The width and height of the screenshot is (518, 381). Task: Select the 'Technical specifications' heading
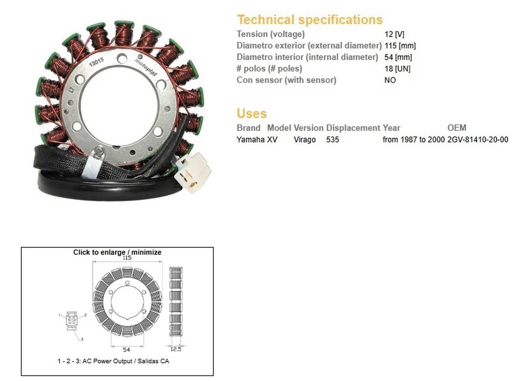coord(310,20)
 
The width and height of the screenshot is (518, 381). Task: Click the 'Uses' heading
coord(252,114)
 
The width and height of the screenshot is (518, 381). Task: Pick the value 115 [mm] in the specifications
coord(400,45)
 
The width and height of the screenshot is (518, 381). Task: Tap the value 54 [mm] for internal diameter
coord(398,57)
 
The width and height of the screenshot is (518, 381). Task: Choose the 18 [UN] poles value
coord(397,69)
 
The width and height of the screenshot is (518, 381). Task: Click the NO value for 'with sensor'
coord(390,80)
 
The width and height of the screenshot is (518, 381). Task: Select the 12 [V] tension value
coord(394,34)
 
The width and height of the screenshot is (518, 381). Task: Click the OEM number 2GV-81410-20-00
coord(478,140)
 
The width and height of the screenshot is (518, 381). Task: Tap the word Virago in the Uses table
coord(305,140)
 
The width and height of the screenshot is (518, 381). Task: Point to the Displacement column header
coord(353,128)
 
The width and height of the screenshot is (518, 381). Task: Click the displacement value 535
coord(333,140)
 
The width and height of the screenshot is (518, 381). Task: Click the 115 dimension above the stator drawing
coord(127,258)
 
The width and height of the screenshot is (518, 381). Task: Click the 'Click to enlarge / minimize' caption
coord(117,252)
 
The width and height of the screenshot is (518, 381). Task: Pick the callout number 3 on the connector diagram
coord(81,340)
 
